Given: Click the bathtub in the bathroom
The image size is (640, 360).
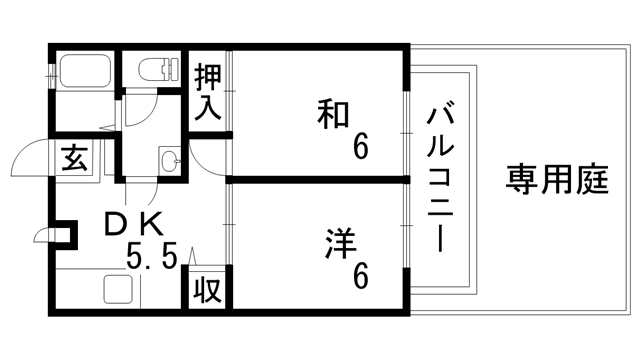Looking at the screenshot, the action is click(86, 72).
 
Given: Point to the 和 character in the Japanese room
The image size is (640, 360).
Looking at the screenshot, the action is click(334, 114).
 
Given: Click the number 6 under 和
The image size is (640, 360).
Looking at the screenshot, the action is click(359, 148).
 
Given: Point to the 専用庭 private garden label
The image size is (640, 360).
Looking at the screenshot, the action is click(557, 181).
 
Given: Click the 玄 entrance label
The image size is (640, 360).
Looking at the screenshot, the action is click(76, 158).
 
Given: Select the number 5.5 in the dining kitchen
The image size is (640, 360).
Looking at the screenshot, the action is click(152, 258).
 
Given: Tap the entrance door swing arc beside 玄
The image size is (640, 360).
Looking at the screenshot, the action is click(32, 160).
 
